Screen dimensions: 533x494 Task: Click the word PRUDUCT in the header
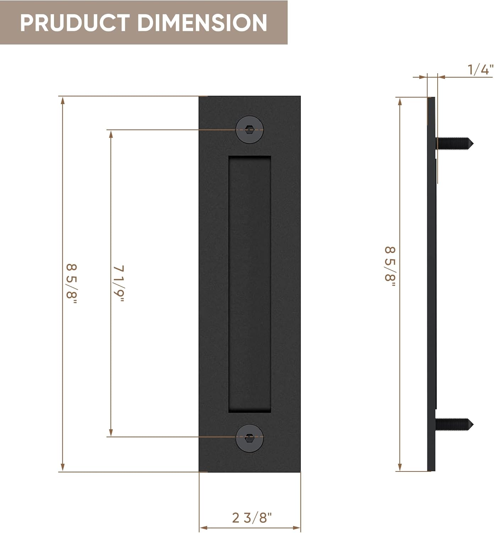coord(75,23)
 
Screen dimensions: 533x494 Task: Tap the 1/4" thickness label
coord(480,70)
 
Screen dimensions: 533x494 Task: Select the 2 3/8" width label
coord(252,518)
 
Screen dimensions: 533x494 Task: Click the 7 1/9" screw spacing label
coord(119,283)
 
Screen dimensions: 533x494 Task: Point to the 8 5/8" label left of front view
coord(71,284)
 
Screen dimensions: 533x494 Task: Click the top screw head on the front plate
coord(249,130)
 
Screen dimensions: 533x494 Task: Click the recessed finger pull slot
coord(249,284)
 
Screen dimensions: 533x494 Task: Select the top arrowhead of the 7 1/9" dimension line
coord(111,134)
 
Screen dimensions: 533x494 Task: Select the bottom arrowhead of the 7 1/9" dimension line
coord(111,432)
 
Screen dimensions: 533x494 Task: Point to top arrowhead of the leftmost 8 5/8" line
coord(63,100)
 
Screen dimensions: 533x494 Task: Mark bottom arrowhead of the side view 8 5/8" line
coord(400,467)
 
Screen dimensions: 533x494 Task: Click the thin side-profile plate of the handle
coord(431,284)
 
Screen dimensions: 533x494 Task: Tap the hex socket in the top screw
coord(249,130)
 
